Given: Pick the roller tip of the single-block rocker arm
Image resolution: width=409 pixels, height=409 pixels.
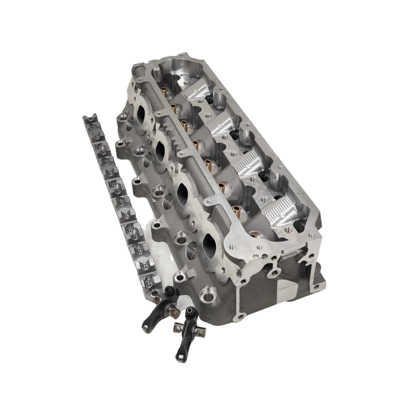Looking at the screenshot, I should (145, 326).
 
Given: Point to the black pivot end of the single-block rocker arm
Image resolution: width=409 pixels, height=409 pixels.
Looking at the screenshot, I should (170, 292).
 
